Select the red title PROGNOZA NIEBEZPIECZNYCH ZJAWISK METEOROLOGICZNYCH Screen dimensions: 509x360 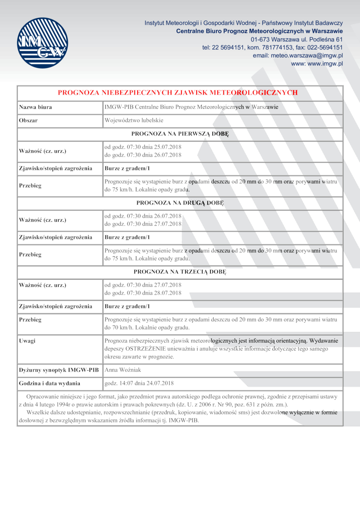tap(178, 93)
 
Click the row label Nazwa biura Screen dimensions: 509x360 tap(35, 107)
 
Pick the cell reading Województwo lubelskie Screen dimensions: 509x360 tap(134, 121)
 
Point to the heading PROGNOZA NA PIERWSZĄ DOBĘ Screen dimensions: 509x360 tap(180, 134)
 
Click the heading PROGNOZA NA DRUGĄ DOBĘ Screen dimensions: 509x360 tap(180, 203)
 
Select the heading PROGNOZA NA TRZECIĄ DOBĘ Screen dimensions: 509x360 tap(180, 272)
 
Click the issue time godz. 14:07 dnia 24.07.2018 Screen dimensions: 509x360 tap(139, 383)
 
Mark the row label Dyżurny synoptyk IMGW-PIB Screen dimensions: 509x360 tap(58, 370)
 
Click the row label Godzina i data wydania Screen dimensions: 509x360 tap(49, 383)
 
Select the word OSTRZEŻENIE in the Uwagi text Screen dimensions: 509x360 tap(144, 349)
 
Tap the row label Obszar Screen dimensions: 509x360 tap(28, 121)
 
